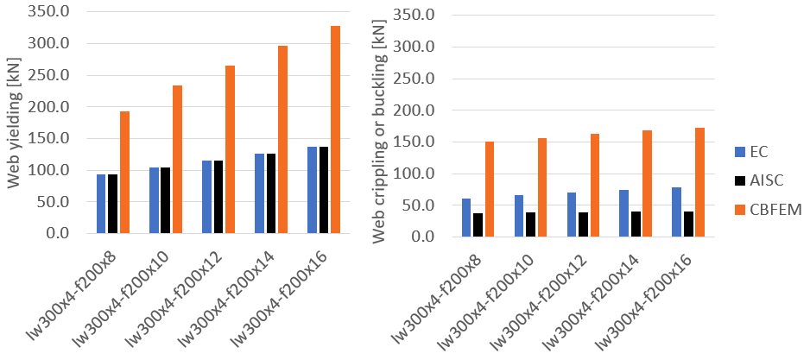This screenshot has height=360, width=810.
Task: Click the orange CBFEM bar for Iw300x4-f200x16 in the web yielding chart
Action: click(335, 129)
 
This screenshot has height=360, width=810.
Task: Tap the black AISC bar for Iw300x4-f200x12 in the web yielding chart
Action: click(218, 197)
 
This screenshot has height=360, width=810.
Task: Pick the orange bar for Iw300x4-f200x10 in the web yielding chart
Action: click(177, 160)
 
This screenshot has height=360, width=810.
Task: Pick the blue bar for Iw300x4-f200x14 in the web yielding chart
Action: click(259, 193)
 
